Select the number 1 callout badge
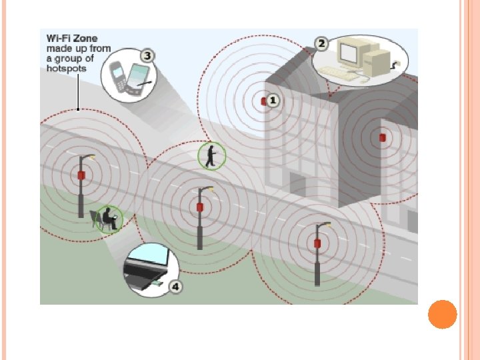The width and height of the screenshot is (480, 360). click(275, 101)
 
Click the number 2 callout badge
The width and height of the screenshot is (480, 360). click(321, 44)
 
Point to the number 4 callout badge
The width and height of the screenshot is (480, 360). click(176, 287)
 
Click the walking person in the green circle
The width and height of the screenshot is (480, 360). click(212, 156)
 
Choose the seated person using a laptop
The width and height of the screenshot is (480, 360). click(107, 219)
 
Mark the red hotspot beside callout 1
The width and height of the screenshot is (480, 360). click(264, 101)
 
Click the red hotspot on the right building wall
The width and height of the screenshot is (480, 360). click(382, 137)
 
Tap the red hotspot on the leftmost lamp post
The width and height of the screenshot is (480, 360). click(81, 175)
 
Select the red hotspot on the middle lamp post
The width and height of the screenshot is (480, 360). click(199, 207)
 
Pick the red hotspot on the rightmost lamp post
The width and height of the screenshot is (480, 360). click(318, 243)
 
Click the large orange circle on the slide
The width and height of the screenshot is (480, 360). click(442, 314)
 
